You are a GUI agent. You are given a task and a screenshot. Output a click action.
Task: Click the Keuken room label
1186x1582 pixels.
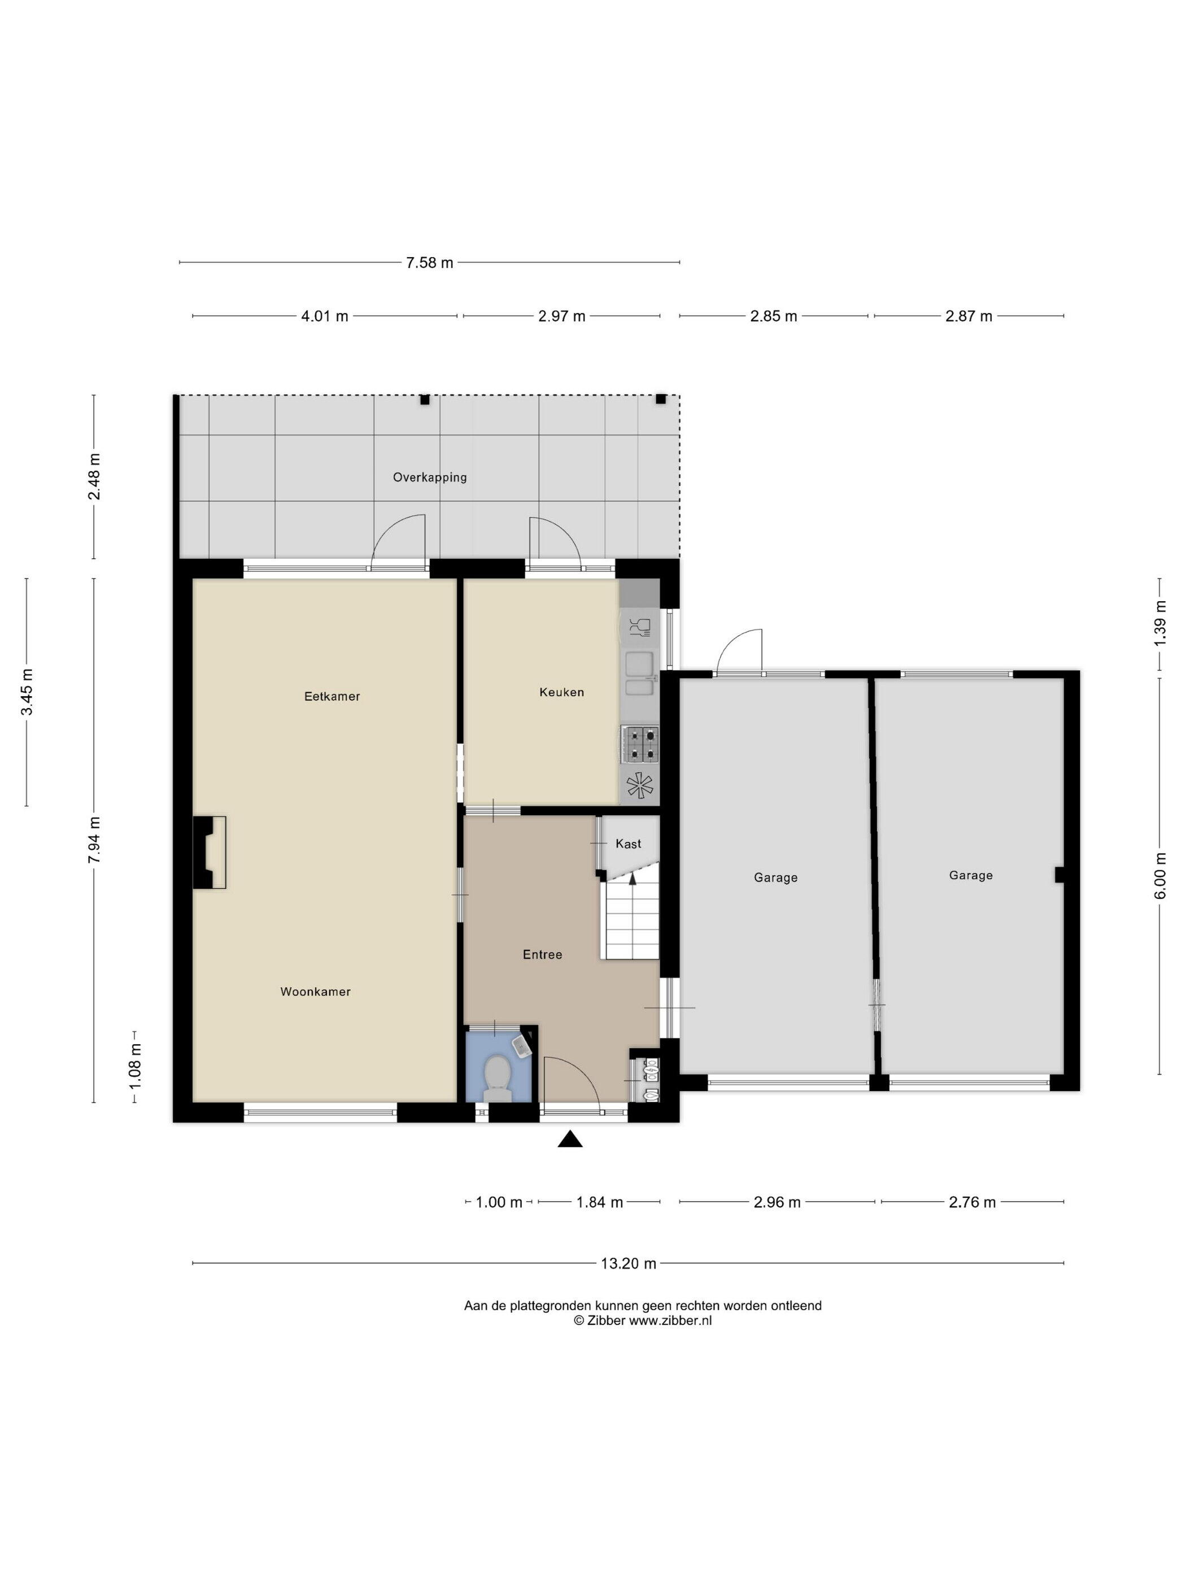pos(561,692)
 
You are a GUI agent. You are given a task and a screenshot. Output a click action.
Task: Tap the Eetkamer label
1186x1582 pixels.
pos(332,696)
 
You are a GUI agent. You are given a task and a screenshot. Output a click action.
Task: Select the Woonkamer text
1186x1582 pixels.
pos(315,991)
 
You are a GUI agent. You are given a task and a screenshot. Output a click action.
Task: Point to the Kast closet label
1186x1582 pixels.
pos(629,844)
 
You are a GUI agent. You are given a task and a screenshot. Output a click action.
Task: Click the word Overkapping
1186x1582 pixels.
pos(430,477)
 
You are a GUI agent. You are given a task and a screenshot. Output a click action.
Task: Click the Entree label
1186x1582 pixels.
pos(543,954)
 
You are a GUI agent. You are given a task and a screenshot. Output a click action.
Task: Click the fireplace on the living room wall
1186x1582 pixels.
pos(210,853)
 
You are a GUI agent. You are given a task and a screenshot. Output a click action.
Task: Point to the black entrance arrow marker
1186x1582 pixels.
pos(570,1139)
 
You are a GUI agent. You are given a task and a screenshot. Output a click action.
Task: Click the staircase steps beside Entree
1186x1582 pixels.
pos(632,920)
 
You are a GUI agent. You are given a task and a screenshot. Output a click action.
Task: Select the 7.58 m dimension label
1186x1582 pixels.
pos(430,263)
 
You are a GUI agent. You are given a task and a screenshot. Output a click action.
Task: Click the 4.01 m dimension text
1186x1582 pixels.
pos(325,316)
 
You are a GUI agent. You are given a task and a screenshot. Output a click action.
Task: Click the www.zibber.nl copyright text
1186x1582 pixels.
pos(642,1321)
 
